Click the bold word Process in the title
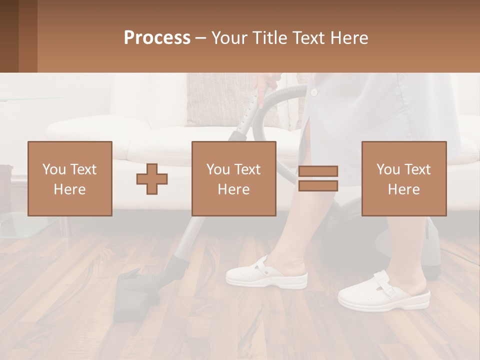[x=157, y=38]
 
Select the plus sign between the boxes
[x=152, y=178]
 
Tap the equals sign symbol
[x=318, y=178]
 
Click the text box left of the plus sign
[x=70, y=178]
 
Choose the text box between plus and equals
[x=233, y=178]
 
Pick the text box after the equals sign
[x=403, y=178]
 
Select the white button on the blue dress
[x=313, y=92]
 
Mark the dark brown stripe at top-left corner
[x=9, y=36]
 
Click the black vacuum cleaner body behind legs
[x=345, y=225]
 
